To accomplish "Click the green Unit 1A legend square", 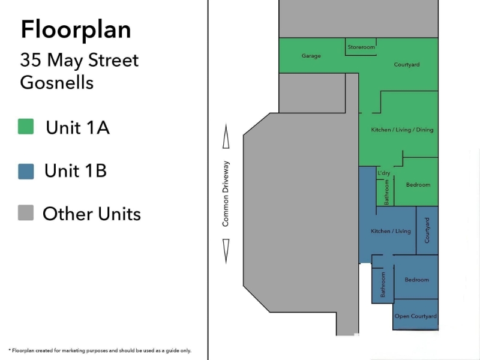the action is pos(26,127).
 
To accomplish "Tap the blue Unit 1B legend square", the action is pos(26,172).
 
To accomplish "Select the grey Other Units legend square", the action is pos(26,213).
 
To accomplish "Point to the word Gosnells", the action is pos(56,82).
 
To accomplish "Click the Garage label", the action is pos(311,56).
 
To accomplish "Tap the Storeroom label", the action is pos(361,47).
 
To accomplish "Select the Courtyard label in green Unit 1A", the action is pos(407,65).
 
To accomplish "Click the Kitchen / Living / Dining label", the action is pos(402,130).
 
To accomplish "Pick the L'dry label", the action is pos(384,173).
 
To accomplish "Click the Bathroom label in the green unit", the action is pos(386,192).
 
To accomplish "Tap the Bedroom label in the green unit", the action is pos(418,185).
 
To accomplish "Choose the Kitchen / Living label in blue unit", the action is pos(391,231).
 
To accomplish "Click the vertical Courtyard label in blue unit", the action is pos(427,230).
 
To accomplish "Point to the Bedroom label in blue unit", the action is pos(416,280).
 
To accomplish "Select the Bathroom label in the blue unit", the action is pos(383,284).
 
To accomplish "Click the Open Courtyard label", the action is pos(415,316).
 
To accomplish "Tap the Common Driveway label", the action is pos(226,194).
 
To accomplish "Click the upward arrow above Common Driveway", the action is pos(226,136).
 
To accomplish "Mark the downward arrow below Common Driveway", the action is pos(226,251).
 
